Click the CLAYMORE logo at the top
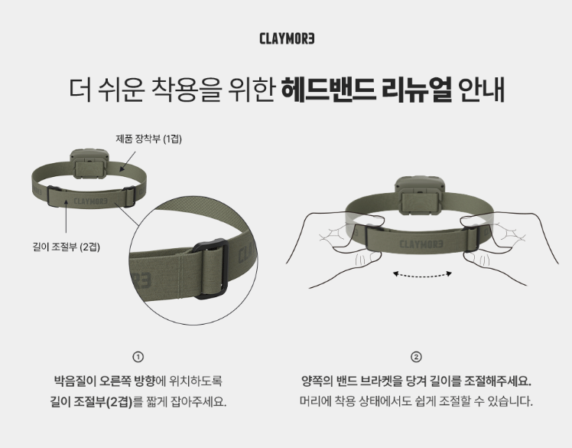click(287, 38)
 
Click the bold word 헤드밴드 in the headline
click(328, 89)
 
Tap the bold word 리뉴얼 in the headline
click(417, 89)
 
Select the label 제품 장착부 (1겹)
click(149, 139)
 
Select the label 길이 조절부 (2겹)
click(66, 247)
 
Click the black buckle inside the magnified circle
click(211, 269)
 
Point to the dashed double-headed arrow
click(422, 274)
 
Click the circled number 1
click(138, 357)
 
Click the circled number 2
click(416, 357)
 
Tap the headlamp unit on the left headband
click(89, 163)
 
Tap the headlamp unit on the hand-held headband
click(421, 195)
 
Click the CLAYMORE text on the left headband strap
click(91, 201)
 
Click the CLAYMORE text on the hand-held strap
click(421, 244)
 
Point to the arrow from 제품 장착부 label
click(128, 162)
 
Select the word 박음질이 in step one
click(75, 381)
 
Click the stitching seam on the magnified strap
click(180, 272)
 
